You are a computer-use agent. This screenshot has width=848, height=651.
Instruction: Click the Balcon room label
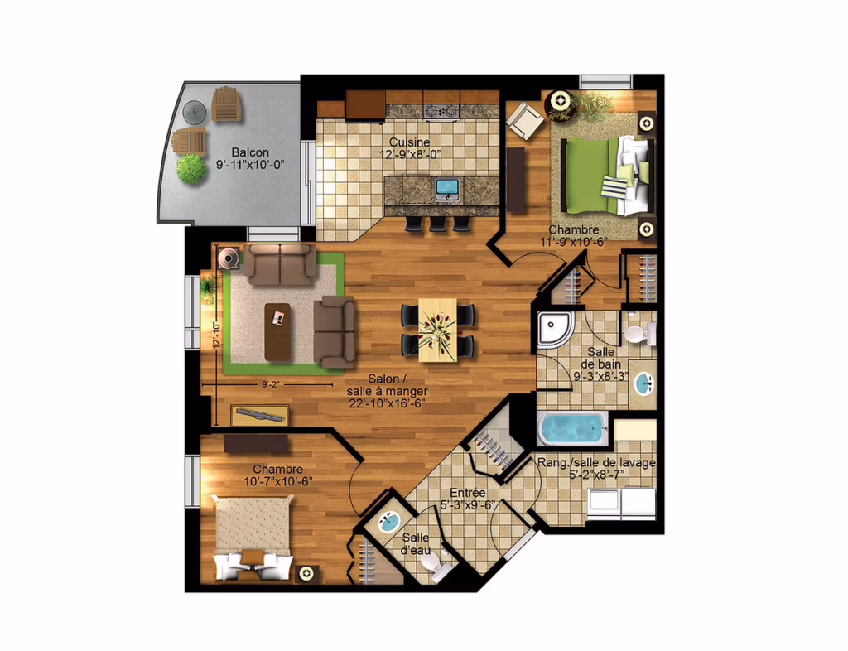(250, 152)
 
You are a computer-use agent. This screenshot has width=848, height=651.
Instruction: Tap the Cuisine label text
(409, 142)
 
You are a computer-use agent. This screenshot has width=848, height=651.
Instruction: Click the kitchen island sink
(446, 188)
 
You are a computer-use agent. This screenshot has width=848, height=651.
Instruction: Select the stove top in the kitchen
(441, 111)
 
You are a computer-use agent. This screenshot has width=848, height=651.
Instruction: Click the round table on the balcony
(194, 112)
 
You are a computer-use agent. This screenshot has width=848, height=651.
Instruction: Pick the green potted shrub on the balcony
(191, 168)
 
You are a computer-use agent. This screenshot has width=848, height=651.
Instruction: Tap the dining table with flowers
(437, 330)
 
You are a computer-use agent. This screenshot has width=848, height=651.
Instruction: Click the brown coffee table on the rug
(277, 332)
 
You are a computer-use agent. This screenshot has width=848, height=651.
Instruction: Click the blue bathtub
(572, 429)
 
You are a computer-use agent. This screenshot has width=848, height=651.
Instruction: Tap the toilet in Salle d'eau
(437, 567)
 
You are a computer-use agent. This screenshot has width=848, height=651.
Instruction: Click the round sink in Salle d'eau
(388, 522)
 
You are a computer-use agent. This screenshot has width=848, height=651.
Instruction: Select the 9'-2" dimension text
(271, 384)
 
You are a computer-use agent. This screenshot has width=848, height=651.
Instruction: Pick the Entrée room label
(468, 493)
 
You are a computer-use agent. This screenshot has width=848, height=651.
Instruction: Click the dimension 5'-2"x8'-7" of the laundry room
(597, 475)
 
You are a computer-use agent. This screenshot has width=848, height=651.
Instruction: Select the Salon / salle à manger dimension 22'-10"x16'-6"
(388, 403)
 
